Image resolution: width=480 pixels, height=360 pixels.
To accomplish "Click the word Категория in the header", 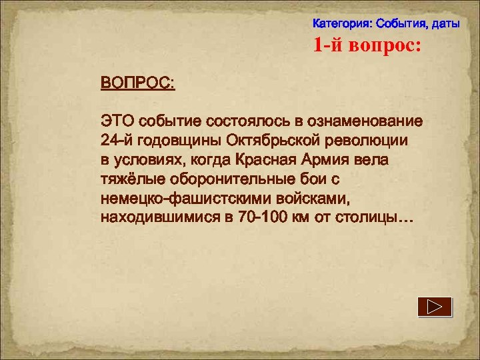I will (x=342, y=24).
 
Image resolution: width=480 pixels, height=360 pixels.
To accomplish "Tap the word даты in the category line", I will (x=446, y=24).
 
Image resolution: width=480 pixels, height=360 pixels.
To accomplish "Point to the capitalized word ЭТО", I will (x=117, y=122).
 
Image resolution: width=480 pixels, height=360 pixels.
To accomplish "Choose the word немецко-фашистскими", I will (x=176, y=199).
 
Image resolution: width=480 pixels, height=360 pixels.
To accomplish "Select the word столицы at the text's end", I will (x=373, y=218).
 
